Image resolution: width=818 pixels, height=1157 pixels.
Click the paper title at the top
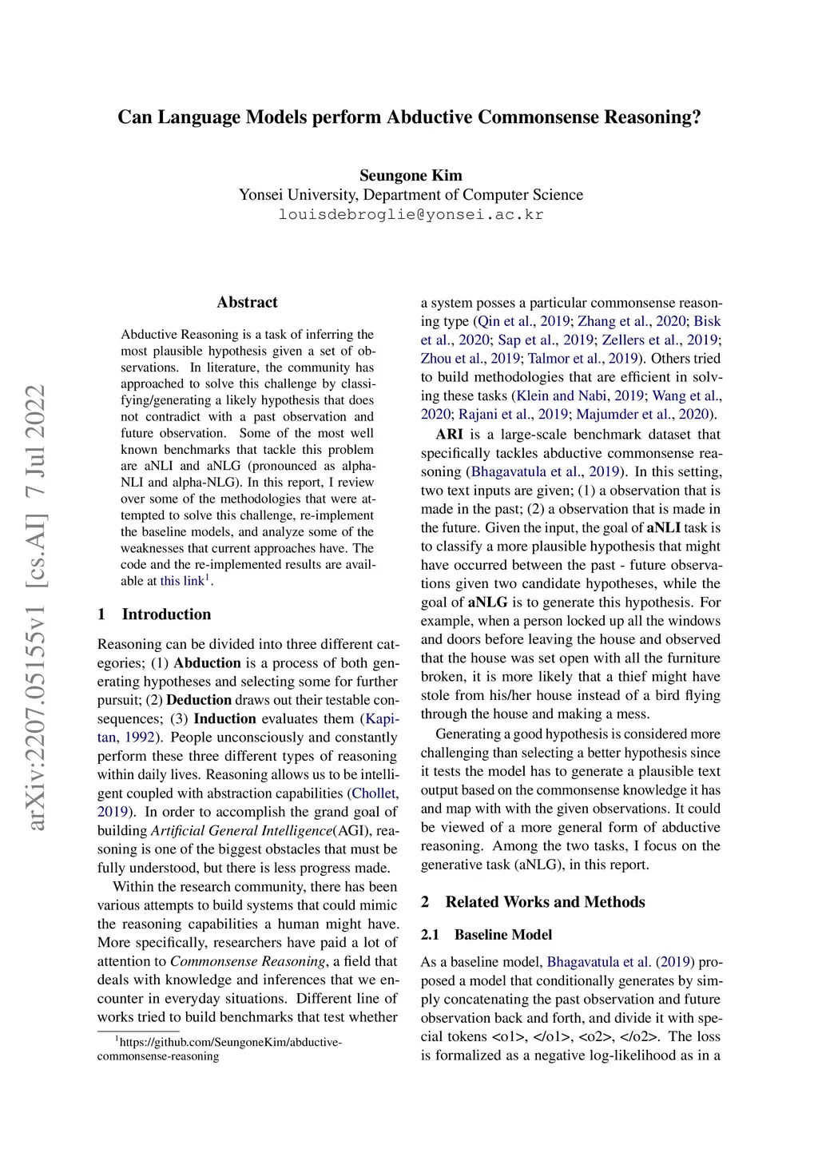pyautogui.click(x=409, y=117)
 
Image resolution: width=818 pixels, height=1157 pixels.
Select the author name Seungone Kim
pyautogui.click(x=411, y=176)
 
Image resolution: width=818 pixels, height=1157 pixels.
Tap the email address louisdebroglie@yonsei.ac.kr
pyautogui.click(x=411, y=215)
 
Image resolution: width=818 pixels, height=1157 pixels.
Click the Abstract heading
pyautogui.click(x=247, y=302)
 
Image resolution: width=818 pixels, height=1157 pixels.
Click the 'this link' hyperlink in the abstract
pyautogui.click(x=182, y=581)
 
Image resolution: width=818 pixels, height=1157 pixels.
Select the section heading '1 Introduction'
pyautogui.click(x=154, y=614)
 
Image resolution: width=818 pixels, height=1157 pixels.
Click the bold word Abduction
pyautogui.click(x=207, y=663)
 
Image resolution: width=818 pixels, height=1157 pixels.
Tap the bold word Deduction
pyautogui.click(x=199, y=700)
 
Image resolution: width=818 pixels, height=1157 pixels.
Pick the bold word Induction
pyautogui.click(x=224, y=719)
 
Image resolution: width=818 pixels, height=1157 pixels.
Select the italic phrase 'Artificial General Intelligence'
pyautogui.click(x=241, y=831)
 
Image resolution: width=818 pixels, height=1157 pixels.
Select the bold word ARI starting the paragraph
pyautogui.click(x=449, y=435)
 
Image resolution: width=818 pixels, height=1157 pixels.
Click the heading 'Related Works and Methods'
pyautogui.click(x=545, y=902)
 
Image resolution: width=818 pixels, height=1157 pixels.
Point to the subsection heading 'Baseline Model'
pyautogui.click(x=503, y=935)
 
